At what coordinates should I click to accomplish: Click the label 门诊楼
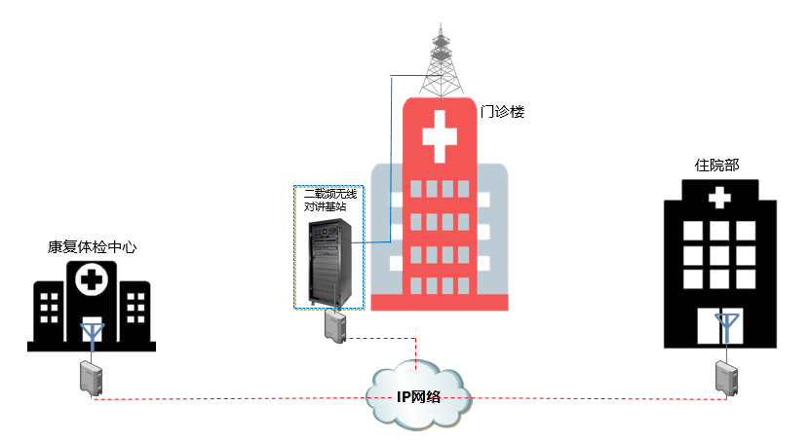pos(503,112)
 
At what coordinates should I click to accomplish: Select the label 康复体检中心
pos(92,247)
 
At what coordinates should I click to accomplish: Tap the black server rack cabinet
pos(328,263)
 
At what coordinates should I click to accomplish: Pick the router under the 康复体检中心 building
pos(92,378)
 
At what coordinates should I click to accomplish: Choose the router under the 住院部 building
pos(725,377)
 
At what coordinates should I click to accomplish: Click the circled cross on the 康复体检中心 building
pos(93,282)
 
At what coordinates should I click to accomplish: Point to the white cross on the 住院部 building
pos(720,199)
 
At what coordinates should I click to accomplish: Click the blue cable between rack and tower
pos(389,156)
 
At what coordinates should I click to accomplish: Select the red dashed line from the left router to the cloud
pos(234,397)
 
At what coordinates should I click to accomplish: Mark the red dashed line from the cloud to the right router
pos(595,397)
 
